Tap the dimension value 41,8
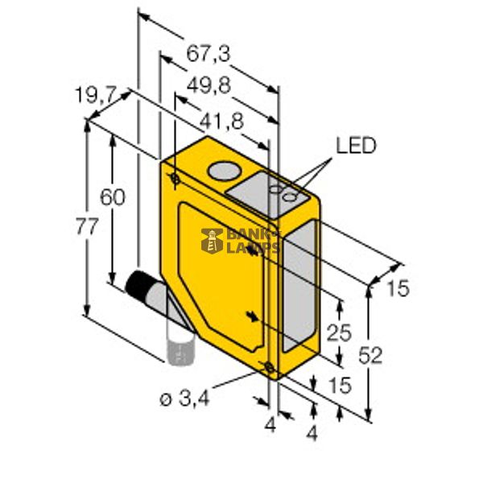click(x=221, y=122)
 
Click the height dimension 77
click(x=87, y=226)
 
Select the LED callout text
click(x=356, y=146)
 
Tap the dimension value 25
click(x=341, y=330)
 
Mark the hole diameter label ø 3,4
click(x=184, y=398)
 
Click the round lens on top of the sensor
click(x=221, y=171)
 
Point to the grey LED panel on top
click(x=268, y=193)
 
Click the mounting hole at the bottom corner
click(x=269, y=369)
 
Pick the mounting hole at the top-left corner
click(x=175, y=177)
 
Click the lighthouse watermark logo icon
click(x=212, y=239)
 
